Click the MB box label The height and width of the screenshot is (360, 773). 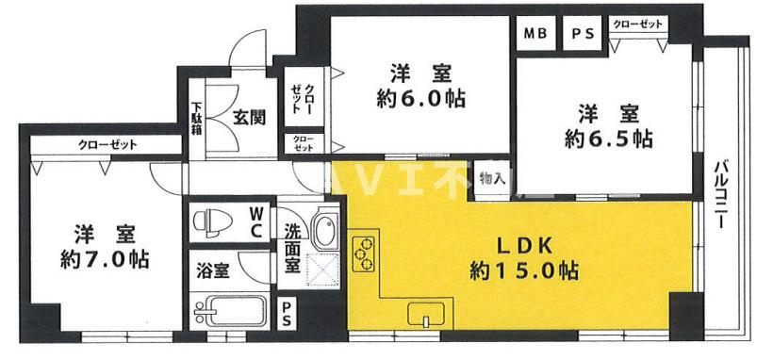535,35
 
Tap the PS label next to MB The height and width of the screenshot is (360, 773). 581,35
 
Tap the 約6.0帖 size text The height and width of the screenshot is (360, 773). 421,98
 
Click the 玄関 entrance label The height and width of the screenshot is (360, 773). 249,118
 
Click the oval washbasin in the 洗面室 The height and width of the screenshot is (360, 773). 322,229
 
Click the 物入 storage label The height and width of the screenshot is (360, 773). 491,177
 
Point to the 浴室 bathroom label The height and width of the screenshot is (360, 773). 213,271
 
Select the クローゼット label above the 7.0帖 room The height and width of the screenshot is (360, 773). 107,145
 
